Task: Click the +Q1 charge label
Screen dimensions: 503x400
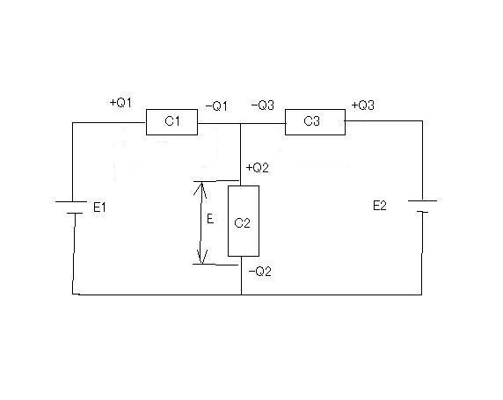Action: click(x=120, y=103)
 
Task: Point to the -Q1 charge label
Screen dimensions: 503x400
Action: click(x=216, y=105)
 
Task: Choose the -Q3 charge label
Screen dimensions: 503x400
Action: click(x=263, y=105)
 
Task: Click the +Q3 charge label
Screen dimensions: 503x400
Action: click(x=363, y=105)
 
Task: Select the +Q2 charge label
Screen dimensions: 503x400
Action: click(x=258, y=168)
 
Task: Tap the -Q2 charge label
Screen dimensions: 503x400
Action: click(x=260, y=272)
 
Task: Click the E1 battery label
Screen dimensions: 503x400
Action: click(x=99, y=207)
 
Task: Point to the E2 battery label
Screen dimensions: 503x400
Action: click(x=380, y=206)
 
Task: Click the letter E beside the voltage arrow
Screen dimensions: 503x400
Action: click(x=210, y=219)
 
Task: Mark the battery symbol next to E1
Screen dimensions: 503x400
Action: click(x=71, y=207)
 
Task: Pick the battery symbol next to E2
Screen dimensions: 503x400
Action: click(x=422, y=207)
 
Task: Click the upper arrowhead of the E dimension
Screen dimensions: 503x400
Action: click(x=201, y=187)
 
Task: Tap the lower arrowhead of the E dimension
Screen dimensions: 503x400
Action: click(x=201, y=258)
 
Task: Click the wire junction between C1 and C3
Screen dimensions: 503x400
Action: click(x=241, y=123)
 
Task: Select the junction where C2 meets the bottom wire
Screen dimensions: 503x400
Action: click(x=241, y=295)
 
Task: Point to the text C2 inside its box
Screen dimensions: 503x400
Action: click(x=242, y=223)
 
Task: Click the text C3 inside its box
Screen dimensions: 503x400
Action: click(x=311, y=121)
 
